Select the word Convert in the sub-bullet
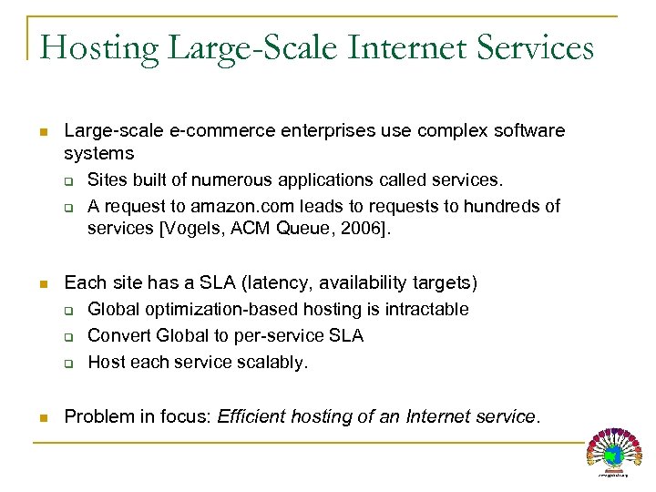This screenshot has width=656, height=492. [119, 335]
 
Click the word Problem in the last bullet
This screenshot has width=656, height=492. [98, 416]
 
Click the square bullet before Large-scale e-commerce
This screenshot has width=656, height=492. [44, 132]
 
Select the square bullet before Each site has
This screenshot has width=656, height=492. [44, 284]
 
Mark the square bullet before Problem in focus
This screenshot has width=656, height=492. [44, 417]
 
